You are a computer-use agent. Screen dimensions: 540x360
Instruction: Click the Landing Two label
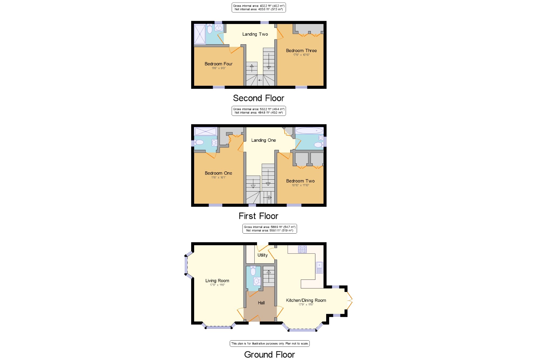click(255, 34)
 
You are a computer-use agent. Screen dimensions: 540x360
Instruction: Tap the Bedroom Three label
click(301, 51)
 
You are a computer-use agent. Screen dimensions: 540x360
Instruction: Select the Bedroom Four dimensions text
click(219, 68)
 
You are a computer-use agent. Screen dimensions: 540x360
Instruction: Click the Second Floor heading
click(259, 98)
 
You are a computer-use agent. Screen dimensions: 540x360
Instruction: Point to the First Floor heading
click(258, 216)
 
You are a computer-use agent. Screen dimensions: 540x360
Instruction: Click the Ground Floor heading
click(269, 355)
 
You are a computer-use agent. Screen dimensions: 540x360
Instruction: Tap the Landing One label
click(264, 140)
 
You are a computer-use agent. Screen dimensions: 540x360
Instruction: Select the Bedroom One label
click(218, 173)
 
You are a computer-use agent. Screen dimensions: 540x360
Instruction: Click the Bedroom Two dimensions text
click(301, 185)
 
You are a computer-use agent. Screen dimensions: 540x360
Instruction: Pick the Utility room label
click(262, 255)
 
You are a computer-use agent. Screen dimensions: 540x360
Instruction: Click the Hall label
click(261, 303)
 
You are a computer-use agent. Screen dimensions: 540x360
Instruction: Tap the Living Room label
click(217, 281)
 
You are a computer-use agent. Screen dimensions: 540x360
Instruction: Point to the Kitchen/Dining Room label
click(306, 300)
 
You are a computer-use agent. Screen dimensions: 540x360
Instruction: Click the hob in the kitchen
click(302, 249)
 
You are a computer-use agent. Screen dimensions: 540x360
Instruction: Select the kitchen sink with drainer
click(319, 268)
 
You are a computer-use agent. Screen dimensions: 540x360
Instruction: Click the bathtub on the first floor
click(309, 131)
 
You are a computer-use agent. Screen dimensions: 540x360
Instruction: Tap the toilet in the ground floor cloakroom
click(253, 271)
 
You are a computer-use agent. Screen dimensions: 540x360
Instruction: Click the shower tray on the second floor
click(200, 34)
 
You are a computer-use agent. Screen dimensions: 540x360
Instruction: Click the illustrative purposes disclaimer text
click(269, 344)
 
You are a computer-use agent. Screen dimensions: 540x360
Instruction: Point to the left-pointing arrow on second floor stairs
click(260, 80)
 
